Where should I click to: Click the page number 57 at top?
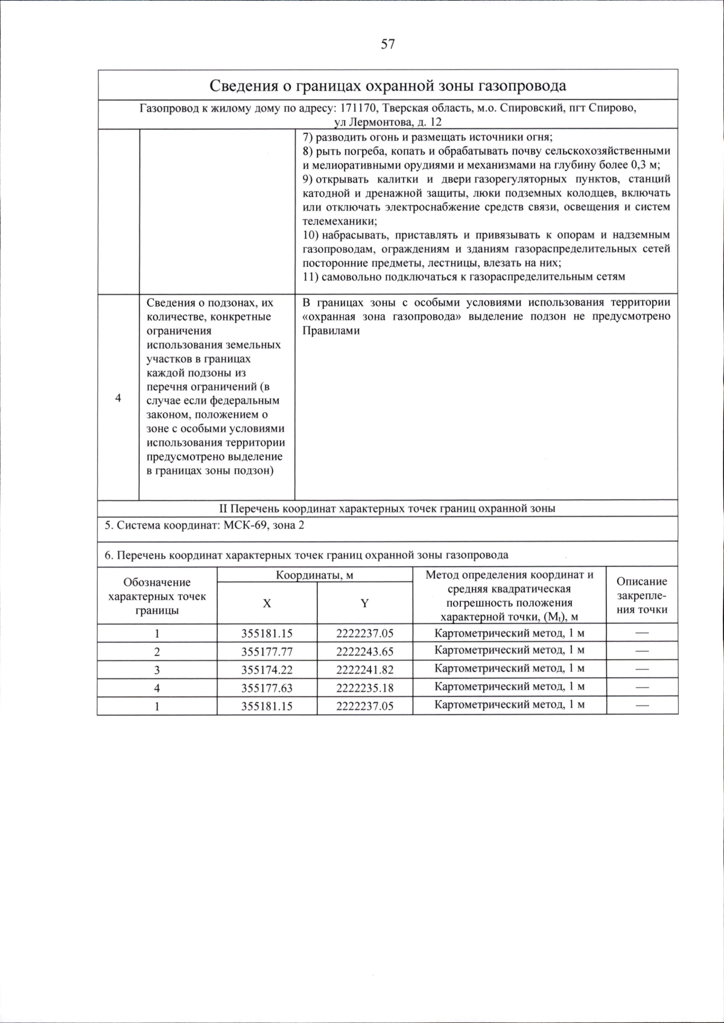388,44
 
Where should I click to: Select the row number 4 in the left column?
118,399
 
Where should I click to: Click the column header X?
267,603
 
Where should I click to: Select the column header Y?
364,603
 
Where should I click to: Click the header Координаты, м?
314,575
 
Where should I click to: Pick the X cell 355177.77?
267,652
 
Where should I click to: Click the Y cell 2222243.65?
364,652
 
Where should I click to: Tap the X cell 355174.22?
267,670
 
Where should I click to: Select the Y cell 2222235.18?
364,688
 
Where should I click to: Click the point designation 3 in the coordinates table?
157,670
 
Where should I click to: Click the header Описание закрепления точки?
641,595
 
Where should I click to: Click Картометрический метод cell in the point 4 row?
509,687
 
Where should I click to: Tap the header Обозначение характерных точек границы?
157,596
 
